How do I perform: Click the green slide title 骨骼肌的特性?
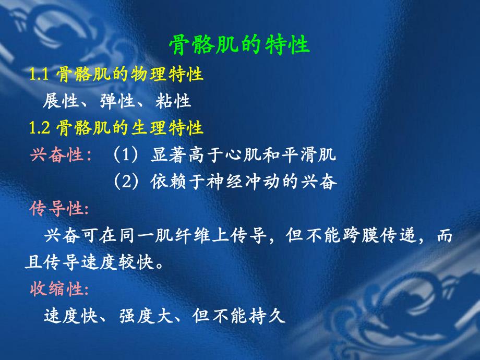click(x=239, y=45)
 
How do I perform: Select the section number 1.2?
click(x=39, y=128)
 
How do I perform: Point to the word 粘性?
click(x=173, y=101)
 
